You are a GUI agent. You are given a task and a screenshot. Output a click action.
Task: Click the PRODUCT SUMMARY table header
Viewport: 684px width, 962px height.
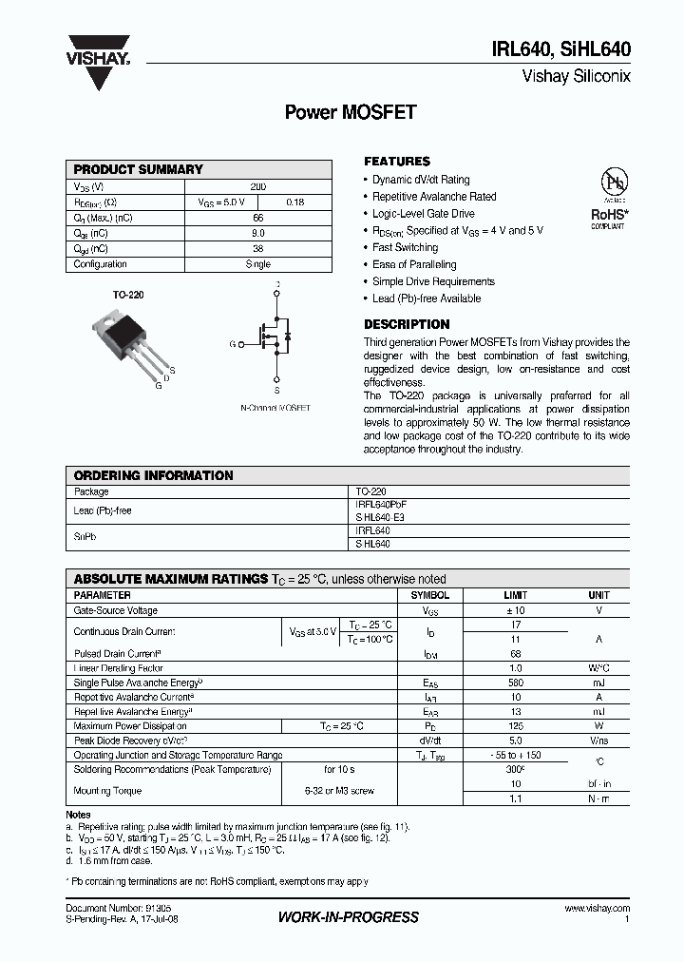pyautogui.click(x=139, y=169)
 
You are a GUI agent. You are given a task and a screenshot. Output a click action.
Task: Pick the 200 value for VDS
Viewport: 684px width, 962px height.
pyautogui.click(x=258, y=186)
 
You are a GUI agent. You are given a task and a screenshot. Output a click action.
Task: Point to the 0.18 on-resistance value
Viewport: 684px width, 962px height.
pyautogui.click(x=294, y=202)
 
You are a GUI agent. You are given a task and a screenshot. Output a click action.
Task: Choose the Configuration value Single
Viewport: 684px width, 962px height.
pyautogui.click(x=258, y=264)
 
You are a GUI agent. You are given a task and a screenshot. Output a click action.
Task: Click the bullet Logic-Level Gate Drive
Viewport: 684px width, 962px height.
pyautogui.click(x=423, y=214)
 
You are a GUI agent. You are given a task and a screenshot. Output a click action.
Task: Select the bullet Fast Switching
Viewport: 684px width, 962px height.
pyautogui.click(x=405, y=247)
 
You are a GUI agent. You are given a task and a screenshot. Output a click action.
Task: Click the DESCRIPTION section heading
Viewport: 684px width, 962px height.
pyautogui.click(x=407, y=324)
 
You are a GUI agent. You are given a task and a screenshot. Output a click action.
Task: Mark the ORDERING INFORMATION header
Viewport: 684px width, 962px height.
pyautogui.click(x=153, y=475)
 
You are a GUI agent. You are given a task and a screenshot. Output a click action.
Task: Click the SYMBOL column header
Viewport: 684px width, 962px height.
pyautogui.click(x=429, y=595)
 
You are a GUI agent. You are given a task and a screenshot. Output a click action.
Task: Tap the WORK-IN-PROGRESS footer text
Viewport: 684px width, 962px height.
pyautogui.click(x=348, y=916)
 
